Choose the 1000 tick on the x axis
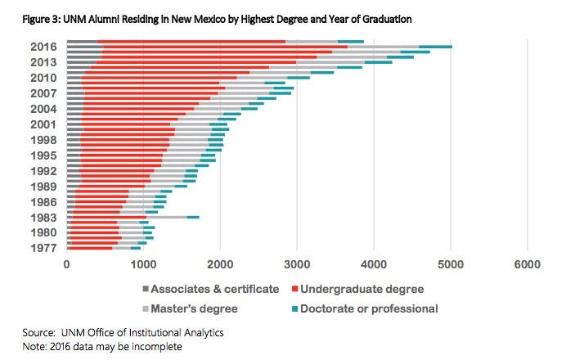pyautogui.click(x=143, y=264)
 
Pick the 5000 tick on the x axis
pyautogui.click(x=451, y=264)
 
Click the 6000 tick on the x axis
pyautogui.click(x=528, y=264)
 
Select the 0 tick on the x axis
pyautogui.click(x=66, y=264)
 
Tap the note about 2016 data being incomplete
pyautogui.click(x=102, y=346)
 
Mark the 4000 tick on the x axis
pyautogui.click(x=374, y=264)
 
